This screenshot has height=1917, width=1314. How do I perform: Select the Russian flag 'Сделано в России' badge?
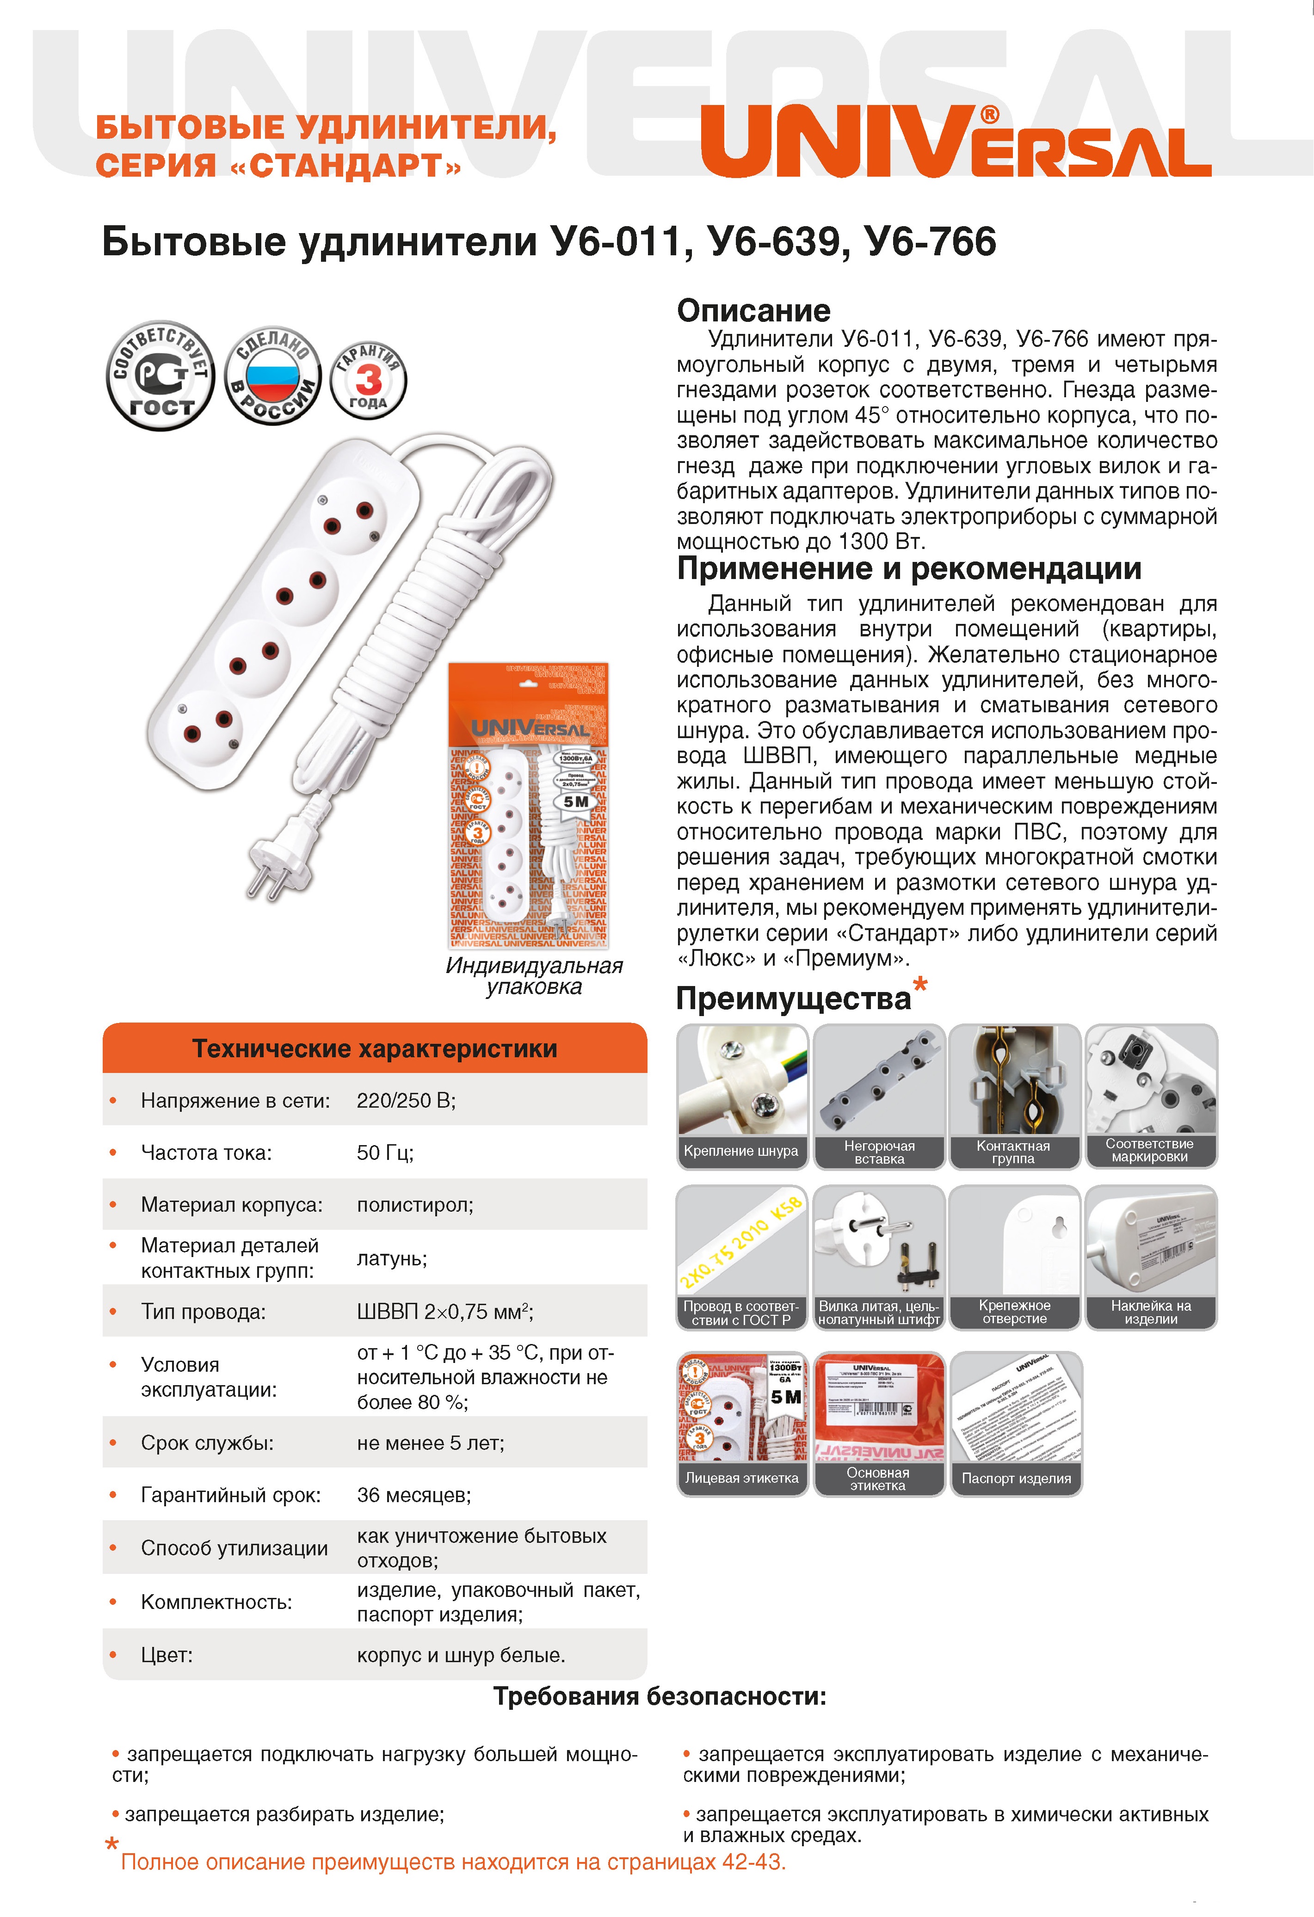[x=273, y=376]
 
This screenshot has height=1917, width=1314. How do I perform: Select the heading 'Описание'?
[x=753, y=311]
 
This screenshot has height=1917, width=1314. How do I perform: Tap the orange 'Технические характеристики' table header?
[x=375, y=1048]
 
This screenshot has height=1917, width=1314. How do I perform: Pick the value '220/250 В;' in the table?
[x=406, y=1100]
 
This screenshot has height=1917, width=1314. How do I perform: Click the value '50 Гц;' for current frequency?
[x=385, y=1153]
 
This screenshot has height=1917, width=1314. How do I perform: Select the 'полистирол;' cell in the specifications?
[x=415, y=1204]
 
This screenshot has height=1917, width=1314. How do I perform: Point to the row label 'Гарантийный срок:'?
[x=231, y=1495]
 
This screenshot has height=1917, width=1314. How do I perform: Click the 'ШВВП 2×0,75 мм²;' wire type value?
[x=445, y=1312]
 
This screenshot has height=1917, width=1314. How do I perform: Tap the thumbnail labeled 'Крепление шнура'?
[x=741, y=1096]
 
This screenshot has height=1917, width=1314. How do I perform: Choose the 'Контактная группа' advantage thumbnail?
[x=1014, y=1096]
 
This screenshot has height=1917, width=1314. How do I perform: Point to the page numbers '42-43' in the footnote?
[x=752, y=1862]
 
